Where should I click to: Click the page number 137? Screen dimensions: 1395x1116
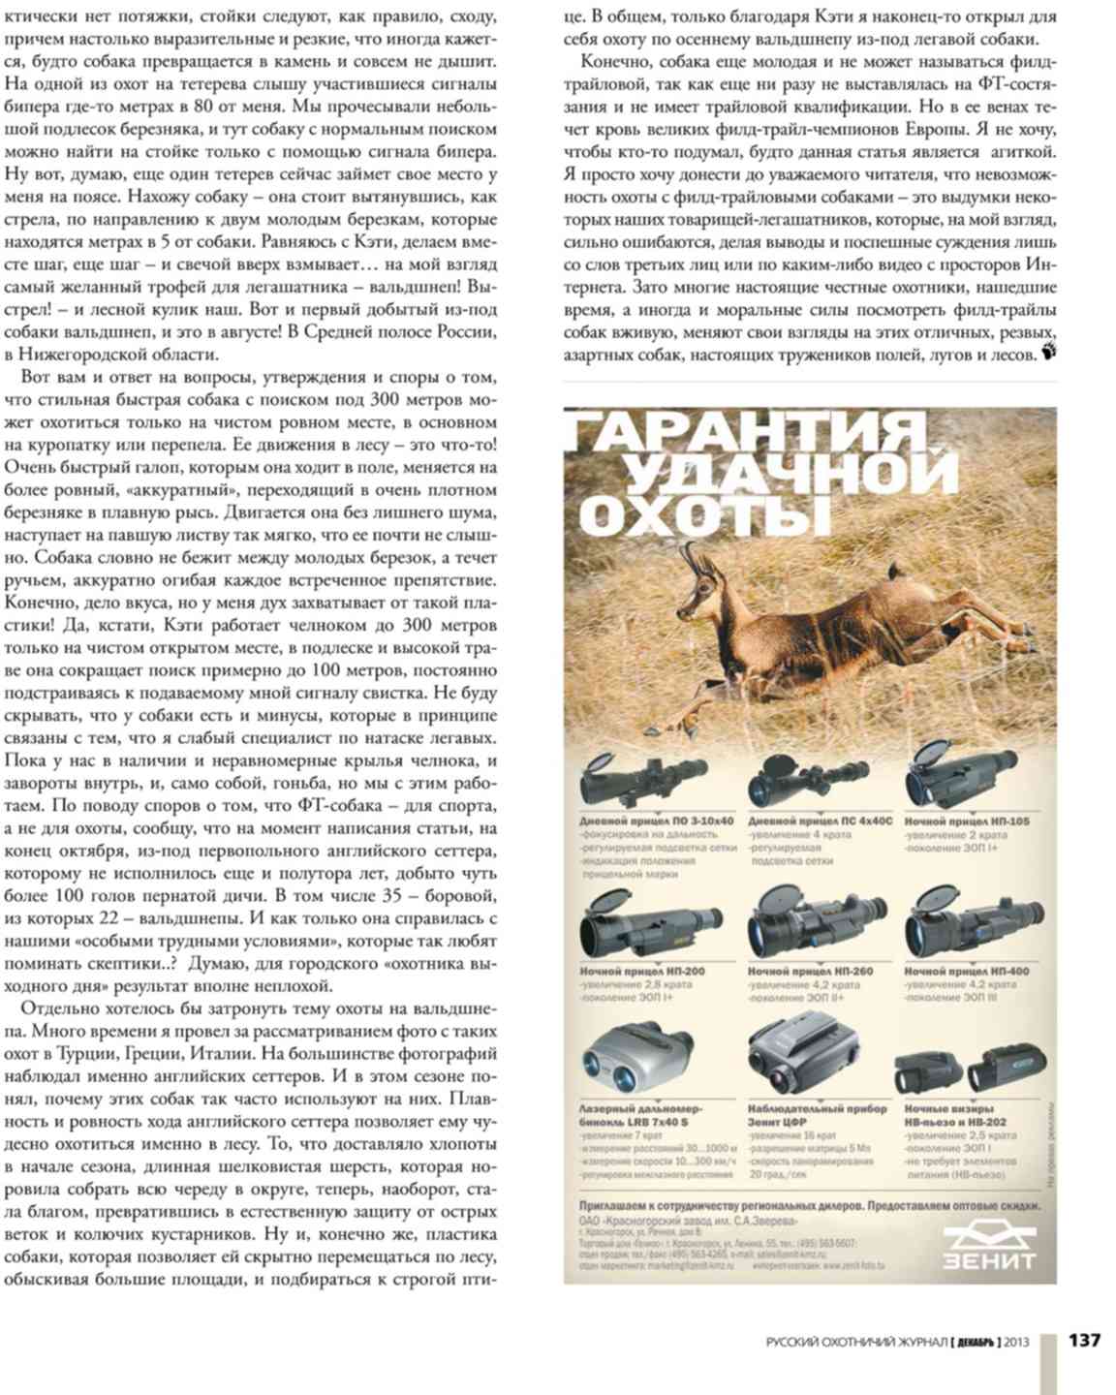[1084, 1341]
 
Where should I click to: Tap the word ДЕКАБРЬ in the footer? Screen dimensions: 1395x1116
[975, 1342]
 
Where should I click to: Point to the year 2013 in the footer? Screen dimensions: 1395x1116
[1017, 1342]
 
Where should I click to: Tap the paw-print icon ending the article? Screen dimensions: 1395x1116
[1047, 352]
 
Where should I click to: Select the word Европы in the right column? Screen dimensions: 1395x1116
[976, 130]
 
